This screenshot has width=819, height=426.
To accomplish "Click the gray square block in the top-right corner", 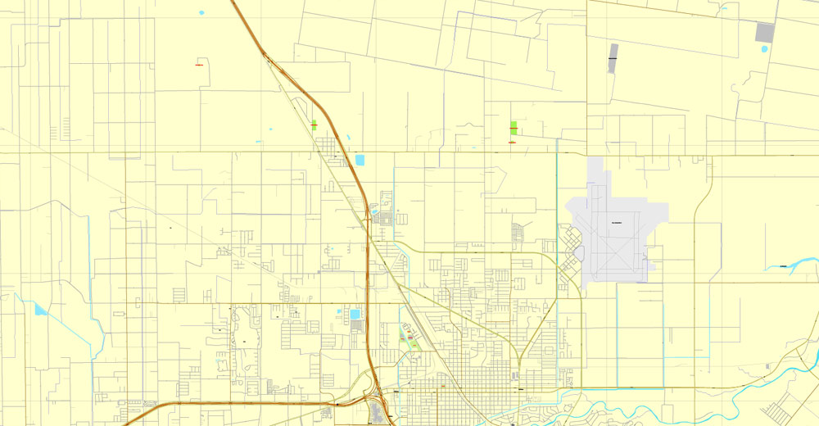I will pyautogui.click(x=764, y=33).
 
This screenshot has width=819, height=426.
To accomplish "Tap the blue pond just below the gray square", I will pyautogui.click(x=764, y=49).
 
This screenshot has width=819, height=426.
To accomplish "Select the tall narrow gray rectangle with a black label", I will pyautogui.click(x=613, y=58).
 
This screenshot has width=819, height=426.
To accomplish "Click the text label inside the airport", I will pyautogui.click(x=617, y=223).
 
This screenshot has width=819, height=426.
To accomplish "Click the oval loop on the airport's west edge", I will pyautogui.click(x=577, y=253).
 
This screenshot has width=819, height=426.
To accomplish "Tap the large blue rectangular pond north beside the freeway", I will pyautogui.click(x=360, y=160).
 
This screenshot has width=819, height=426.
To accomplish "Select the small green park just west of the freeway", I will pyautogui.click(x=314, y=125).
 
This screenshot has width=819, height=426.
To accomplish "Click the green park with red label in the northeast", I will pyautogui.click(x=513, y=127).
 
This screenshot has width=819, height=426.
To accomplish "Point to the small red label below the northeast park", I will pyautogui.click(x=512, y=143).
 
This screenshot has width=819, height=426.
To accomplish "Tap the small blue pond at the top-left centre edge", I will pyautogui.click(x=201, y=12).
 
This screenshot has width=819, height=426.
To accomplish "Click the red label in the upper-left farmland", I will pyautogui.click(x=199, y=66).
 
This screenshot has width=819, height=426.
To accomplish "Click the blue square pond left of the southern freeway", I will pyautogui.click(x=355, y=314).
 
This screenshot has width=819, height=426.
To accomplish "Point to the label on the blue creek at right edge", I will pyautogui.click(x=783, y=265).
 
